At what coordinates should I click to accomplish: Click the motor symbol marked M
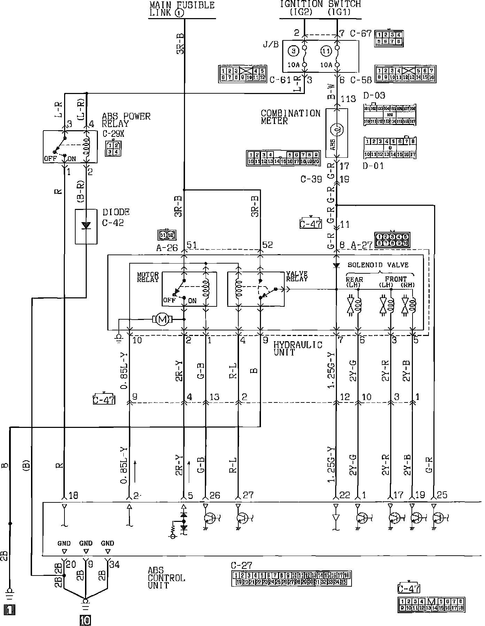(x=161, y=319)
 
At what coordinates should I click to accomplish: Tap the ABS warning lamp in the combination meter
(x=337, y=130)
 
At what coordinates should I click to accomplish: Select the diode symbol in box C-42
(x=86, y=226)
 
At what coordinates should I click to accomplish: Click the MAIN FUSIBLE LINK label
(x=182, y=9)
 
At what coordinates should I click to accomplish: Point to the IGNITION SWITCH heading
(x=321, y=4)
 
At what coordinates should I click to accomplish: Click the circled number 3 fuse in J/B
(x=294, y=51)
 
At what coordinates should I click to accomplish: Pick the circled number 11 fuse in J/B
(x=326, y=51)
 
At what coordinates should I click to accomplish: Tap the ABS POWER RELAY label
(x=126, y=120)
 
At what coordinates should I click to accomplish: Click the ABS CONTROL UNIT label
(x=166, y=578)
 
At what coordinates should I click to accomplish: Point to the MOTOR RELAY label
(x=148, y=277)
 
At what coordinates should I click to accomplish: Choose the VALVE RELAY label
(x=297, y=276)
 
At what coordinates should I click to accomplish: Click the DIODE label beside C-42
(x=116, y=212)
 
